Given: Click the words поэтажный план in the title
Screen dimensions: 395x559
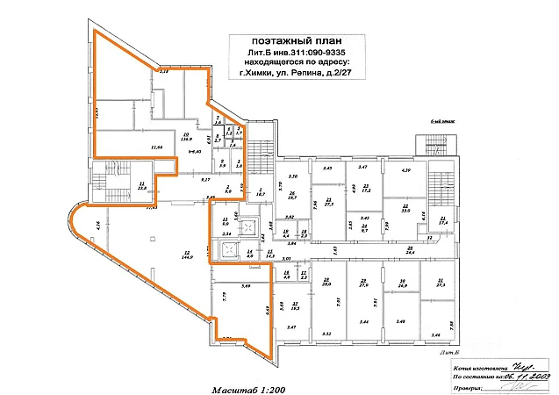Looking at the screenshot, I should point(290,42).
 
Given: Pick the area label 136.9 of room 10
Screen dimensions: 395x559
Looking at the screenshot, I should point(186,139).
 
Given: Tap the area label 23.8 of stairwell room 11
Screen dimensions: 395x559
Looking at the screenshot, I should point(142,188).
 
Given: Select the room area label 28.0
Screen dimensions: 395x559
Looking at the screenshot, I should point(326,284).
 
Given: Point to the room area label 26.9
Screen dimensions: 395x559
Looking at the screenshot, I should point(403,284).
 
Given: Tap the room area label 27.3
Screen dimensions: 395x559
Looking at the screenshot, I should point(439,284).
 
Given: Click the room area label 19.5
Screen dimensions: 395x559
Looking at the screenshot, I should point(295,309).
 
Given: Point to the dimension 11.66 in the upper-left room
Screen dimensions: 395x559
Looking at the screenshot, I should point(158,147).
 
